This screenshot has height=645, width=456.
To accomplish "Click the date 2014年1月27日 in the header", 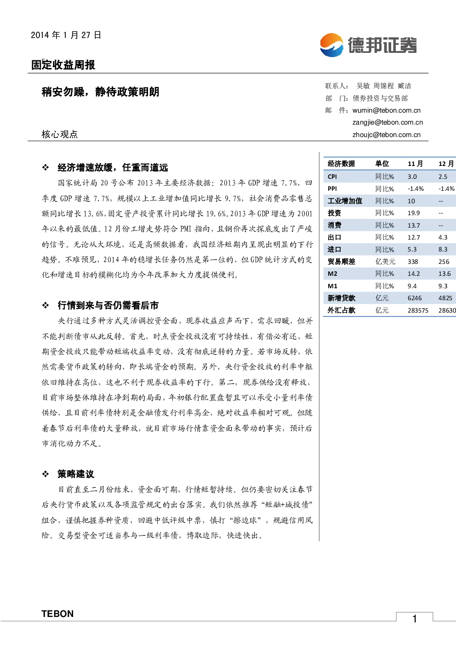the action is point(66,35).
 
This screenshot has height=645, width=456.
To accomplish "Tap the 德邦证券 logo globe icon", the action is point(331,45).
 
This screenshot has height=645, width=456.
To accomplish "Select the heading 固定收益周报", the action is point(63,65).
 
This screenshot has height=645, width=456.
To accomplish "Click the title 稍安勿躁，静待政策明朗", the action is point(100,92).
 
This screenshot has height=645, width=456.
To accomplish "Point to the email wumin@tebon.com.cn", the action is point(386,110).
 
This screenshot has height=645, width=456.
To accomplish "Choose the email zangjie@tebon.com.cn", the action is point(388,122).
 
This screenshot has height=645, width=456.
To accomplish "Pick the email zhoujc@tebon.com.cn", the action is point(386,135).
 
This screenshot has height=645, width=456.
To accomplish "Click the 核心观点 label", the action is point(60,134).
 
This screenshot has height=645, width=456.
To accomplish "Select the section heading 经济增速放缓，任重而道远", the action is point(113,168).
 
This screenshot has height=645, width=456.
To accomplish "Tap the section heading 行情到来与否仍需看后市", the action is point(108,305).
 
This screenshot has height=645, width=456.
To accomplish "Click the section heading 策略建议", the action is point(76,474).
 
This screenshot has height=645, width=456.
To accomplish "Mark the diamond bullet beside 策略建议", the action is point(46,474).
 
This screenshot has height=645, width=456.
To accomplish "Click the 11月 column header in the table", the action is point(415,164).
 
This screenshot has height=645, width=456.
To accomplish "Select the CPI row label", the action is point(332,177).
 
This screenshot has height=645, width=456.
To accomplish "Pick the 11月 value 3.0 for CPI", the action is point(412,177).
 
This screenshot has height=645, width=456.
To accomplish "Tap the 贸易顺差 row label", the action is point(341,262).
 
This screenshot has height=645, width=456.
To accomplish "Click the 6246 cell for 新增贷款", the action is point(415,298).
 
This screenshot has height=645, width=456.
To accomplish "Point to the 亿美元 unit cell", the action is point(385,262).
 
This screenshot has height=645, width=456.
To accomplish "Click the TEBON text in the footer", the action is point(57,614).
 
